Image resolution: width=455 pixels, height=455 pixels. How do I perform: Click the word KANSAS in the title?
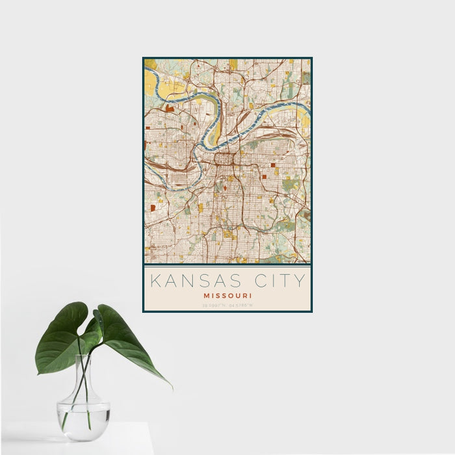[x=195, y=281]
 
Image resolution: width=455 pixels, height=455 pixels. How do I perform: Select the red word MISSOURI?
[x=227, y=295]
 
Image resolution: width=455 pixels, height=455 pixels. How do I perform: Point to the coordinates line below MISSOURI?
[x=227, y=304]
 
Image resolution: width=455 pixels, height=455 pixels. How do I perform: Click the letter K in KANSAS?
[x=155, y=281]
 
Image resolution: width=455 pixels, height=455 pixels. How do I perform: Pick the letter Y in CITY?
[x=300, y=281]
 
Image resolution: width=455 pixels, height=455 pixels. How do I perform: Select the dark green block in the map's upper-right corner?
[x=305, y=78]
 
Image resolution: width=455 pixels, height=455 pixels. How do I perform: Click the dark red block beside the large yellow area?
[x=170, y=107]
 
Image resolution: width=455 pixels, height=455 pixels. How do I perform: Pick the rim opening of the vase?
[x=84, y=356]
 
